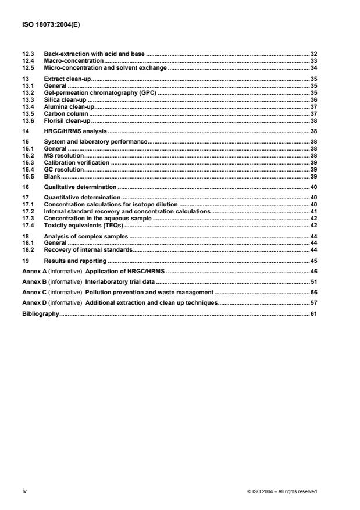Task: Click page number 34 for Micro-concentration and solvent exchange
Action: click(313, 67)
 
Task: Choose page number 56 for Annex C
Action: click(313, 292)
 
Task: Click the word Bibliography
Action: click(41, 313)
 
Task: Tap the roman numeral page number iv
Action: click(24, 491)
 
